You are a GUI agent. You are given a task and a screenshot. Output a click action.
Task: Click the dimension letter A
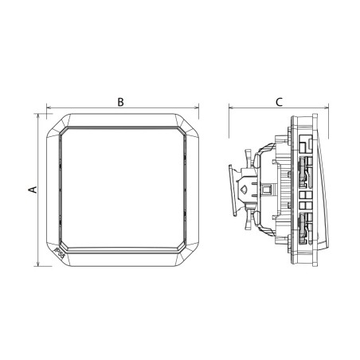(x=33, y=190)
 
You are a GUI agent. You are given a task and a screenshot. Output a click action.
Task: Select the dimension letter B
(x=120, y=102)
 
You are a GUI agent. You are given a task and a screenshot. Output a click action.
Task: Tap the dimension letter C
(x=279, y=102)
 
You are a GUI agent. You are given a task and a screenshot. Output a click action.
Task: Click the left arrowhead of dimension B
(x=49, y=108)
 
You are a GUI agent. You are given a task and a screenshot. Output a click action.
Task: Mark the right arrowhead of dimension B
(x=197, y=108)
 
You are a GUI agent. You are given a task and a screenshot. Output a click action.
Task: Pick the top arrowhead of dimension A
(x=38, y=116)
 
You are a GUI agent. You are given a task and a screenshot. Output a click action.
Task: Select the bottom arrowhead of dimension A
(x=38, y=264)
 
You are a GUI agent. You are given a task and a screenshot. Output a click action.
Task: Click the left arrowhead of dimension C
(x=231, y=108)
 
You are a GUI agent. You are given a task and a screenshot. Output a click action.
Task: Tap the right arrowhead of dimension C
(x=327, y=108)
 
